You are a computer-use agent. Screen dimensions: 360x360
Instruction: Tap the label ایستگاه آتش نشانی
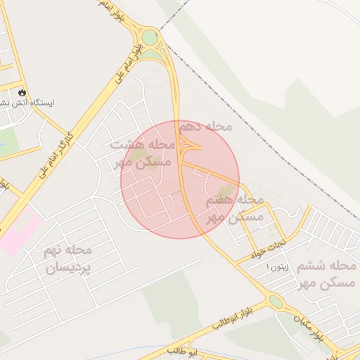tap(28, 103)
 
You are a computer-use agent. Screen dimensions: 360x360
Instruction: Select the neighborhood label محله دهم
tap(205, 127)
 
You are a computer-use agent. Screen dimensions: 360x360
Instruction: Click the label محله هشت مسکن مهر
tap(143, 153)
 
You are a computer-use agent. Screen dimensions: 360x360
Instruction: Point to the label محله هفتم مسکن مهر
tap(235, 209)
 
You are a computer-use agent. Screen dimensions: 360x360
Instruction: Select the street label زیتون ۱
tap(277, 268)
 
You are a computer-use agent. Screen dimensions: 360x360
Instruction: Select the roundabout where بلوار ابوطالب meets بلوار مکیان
tap(275, 302)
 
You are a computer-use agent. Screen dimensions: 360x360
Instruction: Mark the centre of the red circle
tap(180, 179)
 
